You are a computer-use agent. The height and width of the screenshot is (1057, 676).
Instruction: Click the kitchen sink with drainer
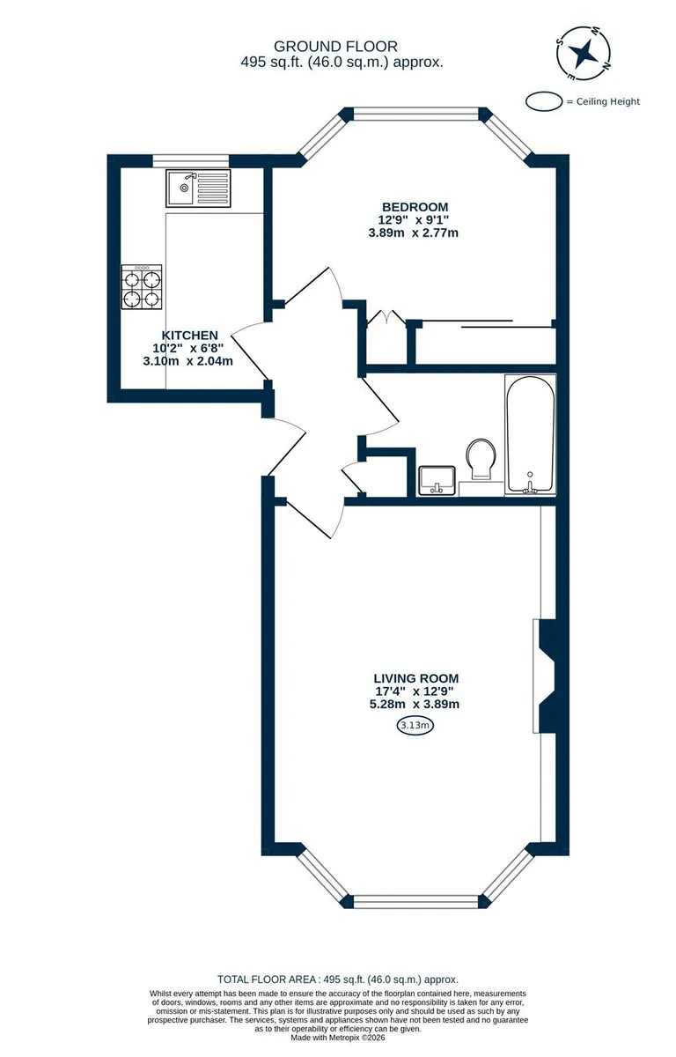[198, 188]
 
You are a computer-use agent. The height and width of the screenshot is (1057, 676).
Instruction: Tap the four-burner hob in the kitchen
[142, 287]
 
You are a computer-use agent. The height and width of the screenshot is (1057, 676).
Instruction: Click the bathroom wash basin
[437, 480]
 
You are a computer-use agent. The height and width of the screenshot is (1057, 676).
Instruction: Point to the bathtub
[531, 434]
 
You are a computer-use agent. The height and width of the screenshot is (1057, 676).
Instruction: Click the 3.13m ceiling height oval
[415, 725]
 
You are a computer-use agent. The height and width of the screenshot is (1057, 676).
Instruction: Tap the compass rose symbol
[584, 53]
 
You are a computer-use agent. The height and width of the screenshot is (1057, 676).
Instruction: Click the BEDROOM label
[415, 207]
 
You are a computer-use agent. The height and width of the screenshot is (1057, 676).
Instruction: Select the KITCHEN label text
[189, 335]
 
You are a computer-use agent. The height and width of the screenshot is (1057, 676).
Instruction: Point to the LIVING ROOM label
[415, 678]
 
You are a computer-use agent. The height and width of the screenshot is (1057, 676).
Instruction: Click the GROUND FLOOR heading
[335, 46]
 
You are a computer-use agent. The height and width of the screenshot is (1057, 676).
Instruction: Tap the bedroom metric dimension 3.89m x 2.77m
[414, 233]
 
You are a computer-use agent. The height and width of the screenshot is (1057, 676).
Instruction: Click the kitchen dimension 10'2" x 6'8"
[187, 348]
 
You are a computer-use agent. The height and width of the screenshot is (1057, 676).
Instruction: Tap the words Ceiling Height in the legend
[608, 101]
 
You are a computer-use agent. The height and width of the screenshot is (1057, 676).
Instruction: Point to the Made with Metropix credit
[337, 1038]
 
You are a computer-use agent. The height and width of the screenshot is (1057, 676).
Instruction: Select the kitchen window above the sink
[191, 161]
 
